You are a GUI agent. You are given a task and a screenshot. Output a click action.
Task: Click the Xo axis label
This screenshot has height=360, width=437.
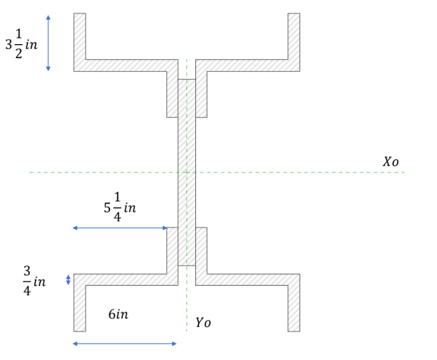coord(390,162)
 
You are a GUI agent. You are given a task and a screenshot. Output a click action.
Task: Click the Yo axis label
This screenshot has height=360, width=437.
coord(203,322)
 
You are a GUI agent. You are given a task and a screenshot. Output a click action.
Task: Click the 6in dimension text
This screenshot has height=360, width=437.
coord(118,314)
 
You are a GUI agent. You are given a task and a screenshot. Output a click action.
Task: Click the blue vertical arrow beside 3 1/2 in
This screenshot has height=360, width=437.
coord(48,43)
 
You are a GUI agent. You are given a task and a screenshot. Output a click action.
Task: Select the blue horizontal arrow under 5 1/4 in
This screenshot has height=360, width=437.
coord(120,228)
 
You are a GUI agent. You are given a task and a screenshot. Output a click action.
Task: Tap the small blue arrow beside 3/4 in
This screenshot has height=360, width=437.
coord(68,280)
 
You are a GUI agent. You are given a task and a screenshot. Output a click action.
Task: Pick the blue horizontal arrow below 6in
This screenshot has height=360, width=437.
coord(125,344)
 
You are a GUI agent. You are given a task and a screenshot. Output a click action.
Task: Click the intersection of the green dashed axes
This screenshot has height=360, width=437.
coord(187,172)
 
